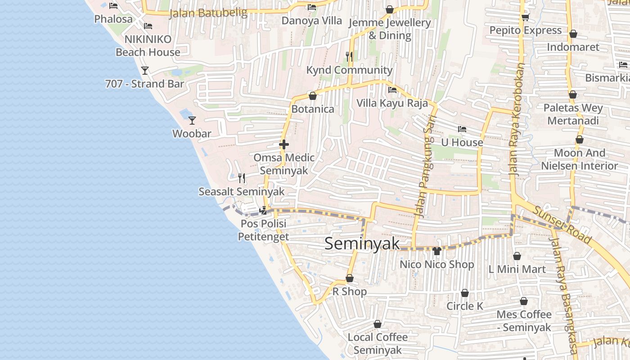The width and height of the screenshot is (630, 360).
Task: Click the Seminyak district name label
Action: coord(362,243)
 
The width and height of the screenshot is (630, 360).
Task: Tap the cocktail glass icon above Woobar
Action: coord(192,120)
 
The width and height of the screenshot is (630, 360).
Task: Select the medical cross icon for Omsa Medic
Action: coord(283,144)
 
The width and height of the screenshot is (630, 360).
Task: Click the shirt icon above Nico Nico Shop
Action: coord(436,251)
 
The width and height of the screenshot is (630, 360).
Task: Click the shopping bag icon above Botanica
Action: coord(313,96)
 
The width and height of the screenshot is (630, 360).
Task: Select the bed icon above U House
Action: coord(462,129)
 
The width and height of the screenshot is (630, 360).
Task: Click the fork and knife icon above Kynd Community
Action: coord(349,56)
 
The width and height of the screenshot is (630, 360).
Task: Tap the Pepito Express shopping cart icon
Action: coord(525,17)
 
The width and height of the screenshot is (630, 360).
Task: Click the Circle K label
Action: coord(464,306)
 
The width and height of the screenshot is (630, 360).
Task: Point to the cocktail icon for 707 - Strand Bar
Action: coord(144,71)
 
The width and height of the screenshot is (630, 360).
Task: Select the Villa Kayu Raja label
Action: coord(392,103)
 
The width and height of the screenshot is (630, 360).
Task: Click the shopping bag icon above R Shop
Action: coord(350,279)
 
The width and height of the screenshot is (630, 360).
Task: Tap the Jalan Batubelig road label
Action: coord(208,13)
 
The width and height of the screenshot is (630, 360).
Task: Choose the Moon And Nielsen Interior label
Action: coord(579,159)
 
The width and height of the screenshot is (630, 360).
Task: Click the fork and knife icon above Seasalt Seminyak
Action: coord(242,178)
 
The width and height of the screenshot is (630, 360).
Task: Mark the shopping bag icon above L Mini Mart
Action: coord(517,256)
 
